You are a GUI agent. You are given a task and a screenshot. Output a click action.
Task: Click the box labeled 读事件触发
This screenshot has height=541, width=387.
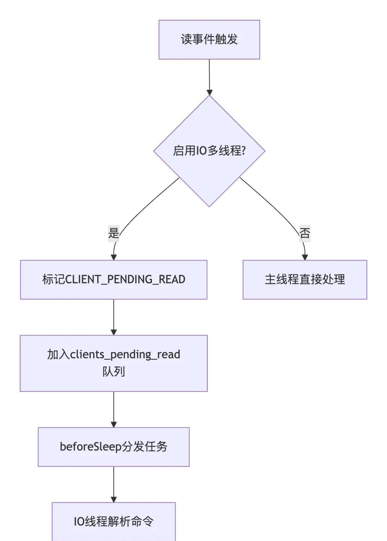[x=209, y=40]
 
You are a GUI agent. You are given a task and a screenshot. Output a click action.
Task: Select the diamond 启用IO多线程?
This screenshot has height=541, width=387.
[x=209, y=151]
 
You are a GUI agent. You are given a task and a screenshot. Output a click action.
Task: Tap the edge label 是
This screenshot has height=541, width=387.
[x=113, y=233]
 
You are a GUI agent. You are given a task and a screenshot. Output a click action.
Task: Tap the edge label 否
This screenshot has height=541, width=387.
[x=305, y=233]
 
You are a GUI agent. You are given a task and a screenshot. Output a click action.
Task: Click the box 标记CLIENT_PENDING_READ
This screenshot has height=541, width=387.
[x=113, y=280]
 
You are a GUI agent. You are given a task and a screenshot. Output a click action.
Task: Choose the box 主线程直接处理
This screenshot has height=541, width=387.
[x=305, y=280]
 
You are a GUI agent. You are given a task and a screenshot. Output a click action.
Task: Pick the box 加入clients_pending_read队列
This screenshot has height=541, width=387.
[x=113, y=363]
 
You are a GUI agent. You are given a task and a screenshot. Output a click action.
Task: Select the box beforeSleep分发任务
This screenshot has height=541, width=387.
[x=113, y=447]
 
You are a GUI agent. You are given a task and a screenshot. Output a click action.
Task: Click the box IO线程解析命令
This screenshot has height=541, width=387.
[x=113, y=522]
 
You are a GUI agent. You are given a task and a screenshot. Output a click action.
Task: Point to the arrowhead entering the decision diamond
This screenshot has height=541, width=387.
[x=210, y=92]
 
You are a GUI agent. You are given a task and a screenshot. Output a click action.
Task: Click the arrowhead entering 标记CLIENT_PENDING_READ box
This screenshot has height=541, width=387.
[x=114, y=257]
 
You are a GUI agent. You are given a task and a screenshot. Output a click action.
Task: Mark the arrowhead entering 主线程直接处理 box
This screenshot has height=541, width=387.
[x=305, y=257]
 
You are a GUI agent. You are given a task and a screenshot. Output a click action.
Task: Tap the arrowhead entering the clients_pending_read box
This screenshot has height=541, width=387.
[x=114, y=332]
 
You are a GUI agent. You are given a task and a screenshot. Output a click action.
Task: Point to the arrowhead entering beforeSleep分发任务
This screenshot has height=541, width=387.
[x=114, y=424]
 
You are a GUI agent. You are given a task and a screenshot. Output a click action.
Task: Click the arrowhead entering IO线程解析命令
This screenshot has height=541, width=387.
[x=114, y=499]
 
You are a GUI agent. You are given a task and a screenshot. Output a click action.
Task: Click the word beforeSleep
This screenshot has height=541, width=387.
[x=86, y=447]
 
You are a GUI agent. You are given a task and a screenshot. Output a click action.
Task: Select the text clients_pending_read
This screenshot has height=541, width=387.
[x=125, y=355]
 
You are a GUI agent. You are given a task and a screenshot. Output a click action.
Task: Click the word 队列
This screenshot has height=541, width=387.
[x=113, y=372]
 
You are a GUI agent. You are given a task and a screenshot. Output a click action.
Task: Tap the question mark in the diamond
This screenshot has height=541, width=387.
[x=244, y=151]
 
